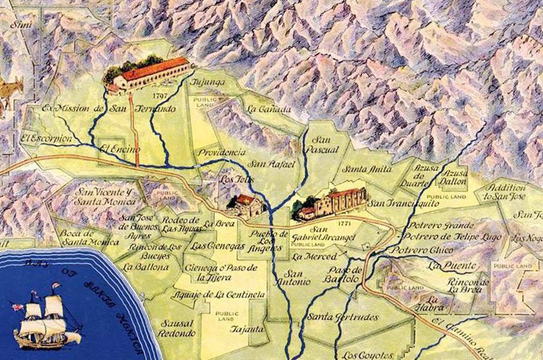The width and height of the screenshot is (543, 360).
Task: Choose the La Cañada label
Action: click(264, 108)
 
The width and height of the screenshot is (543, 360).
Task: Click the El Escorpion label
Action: click(46, 138)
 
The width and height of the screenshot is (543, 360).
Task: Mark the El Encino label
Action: click(116, 149)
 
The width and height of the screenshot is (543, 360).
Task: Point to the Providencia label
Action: click(223, 152)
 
